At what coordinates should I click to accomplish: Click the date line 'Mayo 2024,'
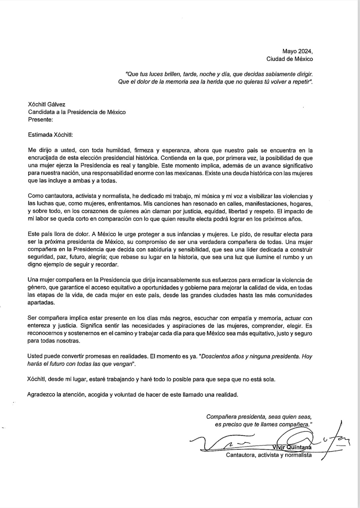[x=297, y=51]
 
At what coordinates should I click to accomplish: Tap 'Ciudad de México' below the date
[x=289, y=59]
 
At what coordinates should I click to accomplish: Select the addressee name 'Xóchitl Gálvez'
[x=47, y=104]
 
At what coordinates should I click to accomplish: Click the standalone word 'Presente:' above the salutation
[x=40, y=119]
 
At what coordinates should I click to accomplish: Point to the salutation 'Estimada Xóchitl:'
[x=50, y=135]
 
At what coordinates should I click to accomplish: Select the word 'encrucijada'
[x=42, y=158]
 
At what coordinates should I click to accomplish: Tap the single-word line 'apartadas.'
[x=41, y=303]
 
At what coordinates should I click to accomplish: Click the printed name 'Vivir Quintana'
[x=292, y=447]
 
